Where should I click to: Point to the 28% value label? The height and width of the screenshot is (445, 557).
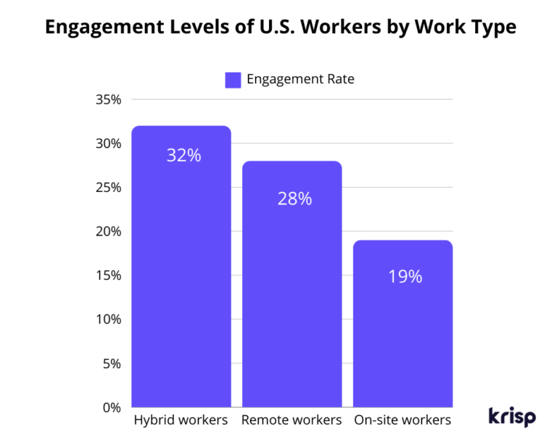tap(294, 199)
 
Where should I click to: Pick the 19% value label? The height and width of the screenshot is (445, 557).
tap(405, 276)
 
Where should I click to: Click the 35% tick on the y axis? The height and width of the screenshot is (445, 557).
tap(108, 99)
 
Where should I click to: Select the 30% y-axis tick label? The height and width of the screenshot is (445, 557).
tap(108, 144)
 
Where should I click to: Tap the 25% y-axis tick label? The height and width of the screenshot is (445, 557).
tap(108, 188)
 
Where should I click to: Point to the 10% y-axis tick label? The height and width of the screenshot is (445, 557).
tap(108, 320)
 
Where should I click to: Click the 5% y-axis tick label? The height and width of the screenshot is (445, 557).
tap(111, 364)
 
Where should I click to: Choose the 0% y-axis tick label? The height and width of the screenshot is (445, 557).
tap(111, 407)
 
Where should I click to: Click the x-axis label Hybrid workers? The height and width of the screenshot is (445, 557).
tap(181, 420)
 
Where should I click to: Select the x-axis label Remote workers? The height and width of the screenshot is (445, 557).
tap(292, 420)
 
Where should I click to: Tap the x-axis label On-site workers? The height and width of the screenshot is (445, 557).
tap(403, 420)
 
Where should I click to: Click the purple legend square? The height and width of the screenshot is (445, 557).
tap(233, 80)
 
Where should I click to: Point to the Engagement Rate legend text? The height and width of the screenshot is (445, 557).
tap(300, 80)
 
